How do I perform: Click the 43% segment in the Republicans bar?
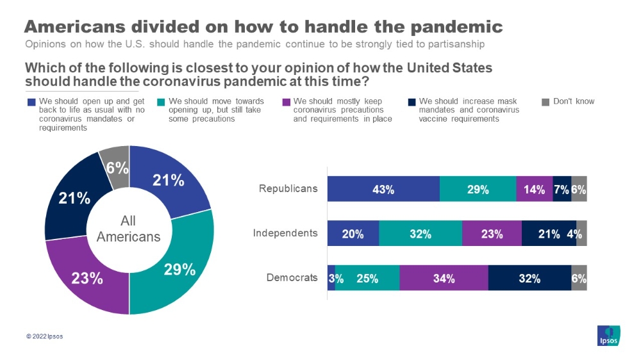(x=383, y=189)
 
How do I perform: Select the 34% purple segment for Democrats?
(x=444, y=278)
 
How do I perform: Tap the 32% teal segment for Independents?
(x=420, y=233)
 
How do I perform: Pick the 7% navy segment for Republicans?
(x=562, y=189)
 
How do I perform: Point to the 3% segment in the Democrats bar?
(x=331, y=278)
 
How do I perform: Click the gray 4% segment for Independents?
(x=581, y=233)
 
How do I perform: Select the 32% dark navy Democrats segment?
(x=529, y=278)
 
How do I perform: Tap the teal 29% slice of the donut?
(x=179, y=268)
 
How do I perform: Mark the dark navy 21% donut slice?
(x=74, y=198)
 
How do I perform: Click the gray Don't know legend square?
(x=545, y=101)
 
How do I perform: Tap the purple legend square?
(x=286, y=101)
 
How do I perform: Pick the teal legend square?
(x=160, y=101)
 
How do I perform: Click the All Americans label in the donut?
(x=128, y=229)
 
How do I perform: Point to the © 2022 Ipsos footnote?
(x=44, y=336)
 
